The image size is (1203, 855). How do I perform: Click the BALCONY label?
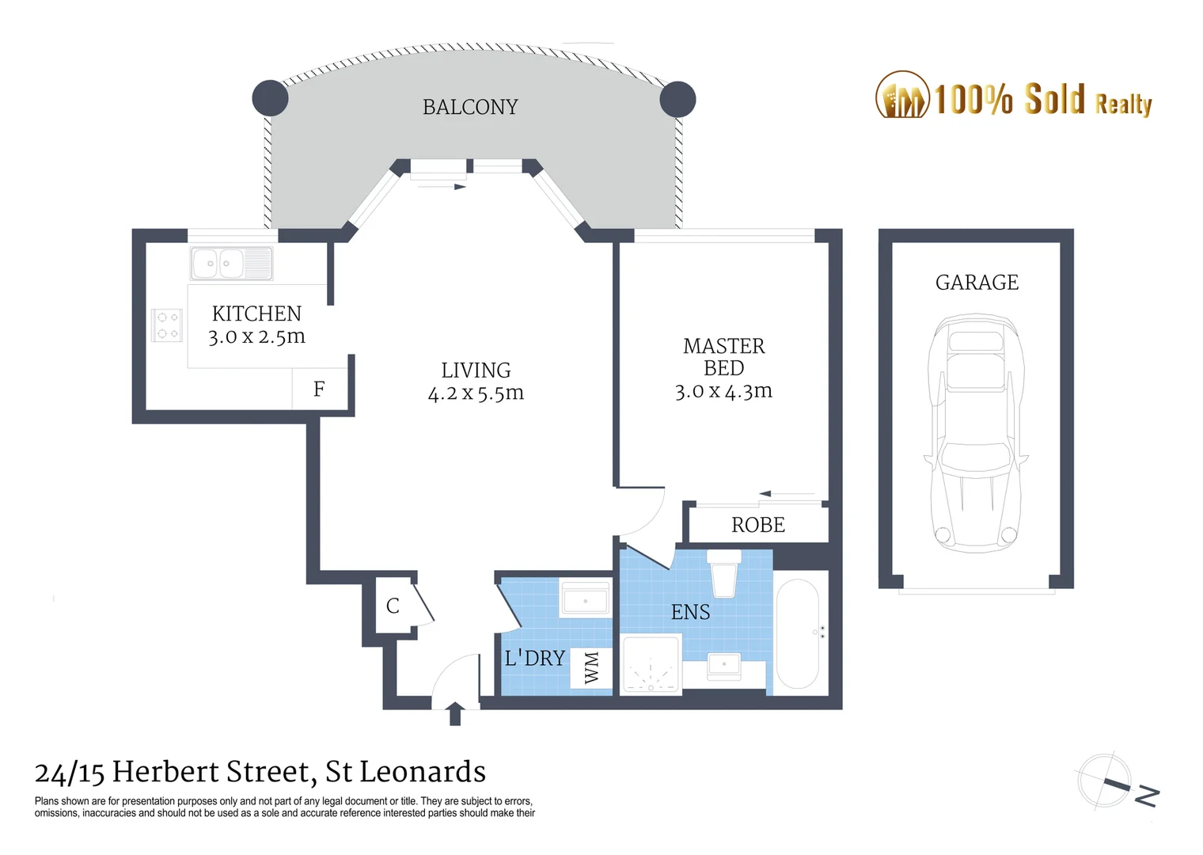point(470,107)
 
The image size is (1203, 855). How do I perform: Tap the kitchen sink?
point(231,263)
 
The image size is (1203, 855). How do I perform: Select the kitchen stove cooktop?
point(167,325)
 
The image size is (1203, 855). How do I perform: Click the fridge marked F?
point(319,389)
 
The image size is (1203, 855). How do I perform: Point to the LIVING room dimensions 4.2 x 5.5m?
point(476,393)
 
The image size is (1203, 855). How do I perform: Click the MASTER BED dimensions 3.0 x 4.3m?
point(723,391)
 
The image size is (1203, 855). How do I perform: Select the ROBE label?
point(757,525)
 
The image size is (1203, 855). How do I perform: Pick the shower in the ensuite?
point(651,666)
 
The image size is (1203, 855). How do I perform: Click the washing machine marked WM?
point(591,667)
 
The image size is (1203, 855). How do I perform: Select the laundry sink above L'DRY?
point(585,599)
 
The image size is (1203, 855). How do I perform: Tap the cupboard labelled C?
point(393,606)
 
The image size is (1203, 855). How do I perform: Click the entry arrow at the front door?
point(455,713)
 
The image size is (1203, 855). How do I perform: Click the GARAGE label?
point(977,283)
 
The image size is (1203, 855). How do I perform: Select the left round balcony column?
point(270,98)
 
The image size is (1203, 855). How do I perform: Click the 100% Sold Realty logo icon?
point(901,96)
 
